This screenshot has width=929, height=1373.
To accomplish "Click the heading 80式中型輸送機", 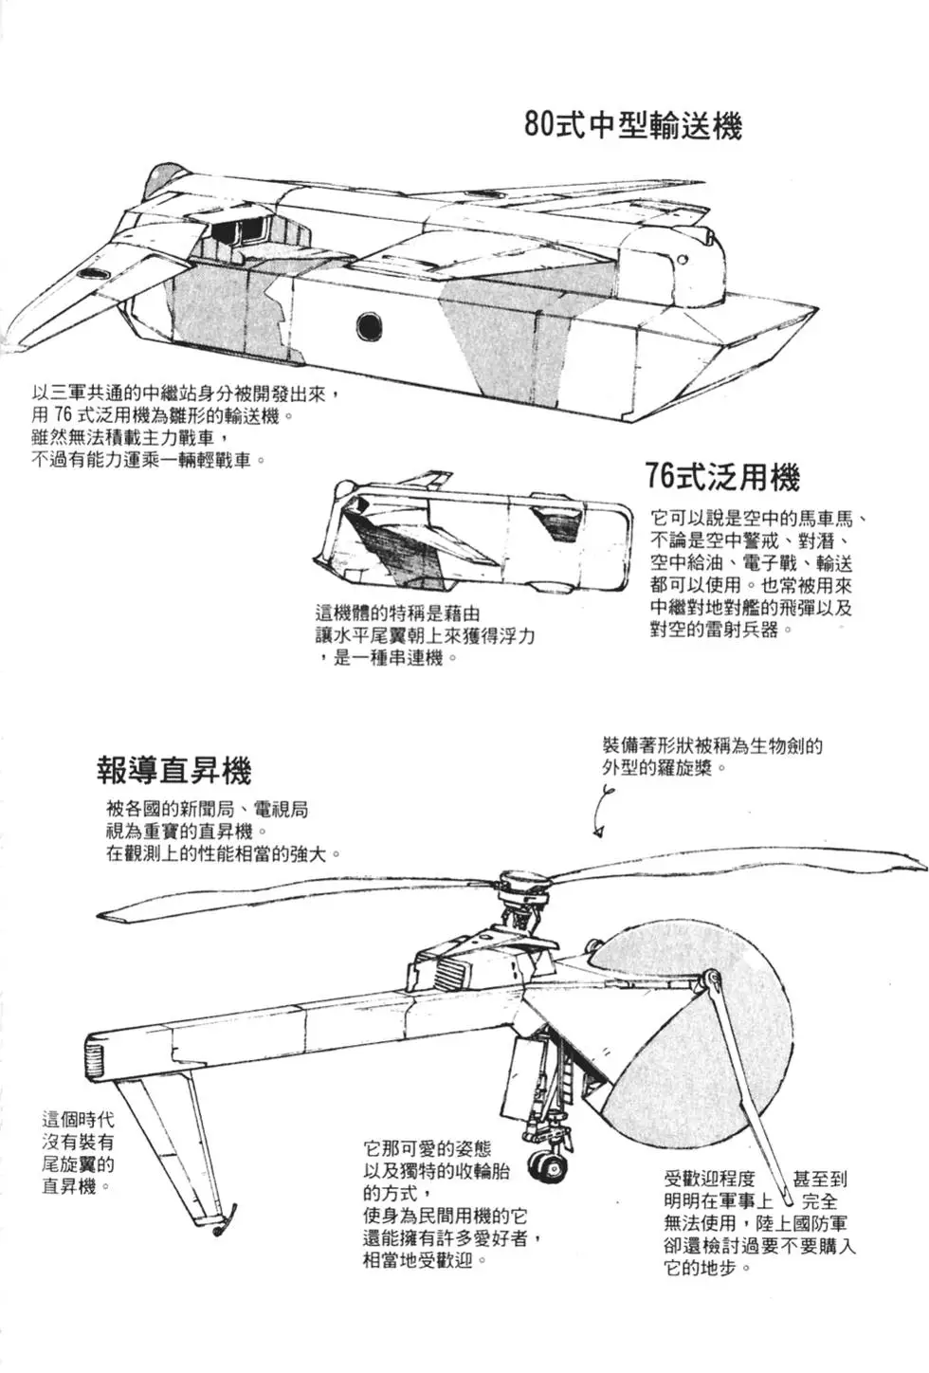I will click(632, 125).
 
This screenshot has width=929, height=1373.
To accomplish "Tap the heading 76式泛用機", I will click(722, 476).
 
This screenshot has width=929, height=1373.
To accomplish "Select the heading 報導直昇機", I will click(173, 770).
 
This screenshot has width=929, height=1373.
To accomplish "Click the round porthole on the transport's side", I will click(368, 326).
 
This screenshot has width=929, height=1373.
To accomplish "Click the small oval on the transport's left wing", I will click(92, 273).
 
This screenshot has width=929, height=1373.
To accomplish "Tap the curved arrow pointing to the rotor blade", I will click(601, 815).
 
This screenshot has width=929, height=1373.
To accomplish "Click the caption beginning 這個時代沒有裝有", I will click(78, 1152).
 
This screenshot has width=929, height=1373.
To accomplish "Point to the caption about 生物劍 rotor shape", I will click(711, 756).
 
